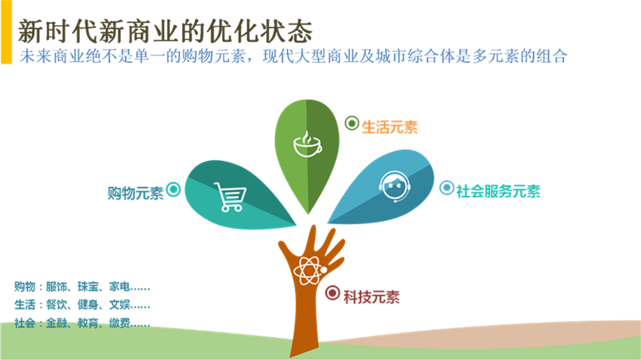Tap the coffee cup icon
[x=306, y=144]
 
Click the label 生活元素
[x=389, y=127]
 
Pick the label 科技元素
[x=371, y=297]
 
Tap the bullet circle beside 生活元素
[x=352, y=123]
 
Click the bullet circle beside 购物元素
[x=174, y=190]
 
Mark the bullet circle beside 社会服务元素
[x=446, y=188]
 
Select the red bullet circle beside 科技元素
[x=332, y=293]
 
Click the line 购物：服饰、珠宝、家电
[x=82, y=286]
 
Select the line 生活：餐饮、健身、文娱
[x=82, y=305]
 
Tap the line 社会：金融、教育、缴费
[x=82, y=323]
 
